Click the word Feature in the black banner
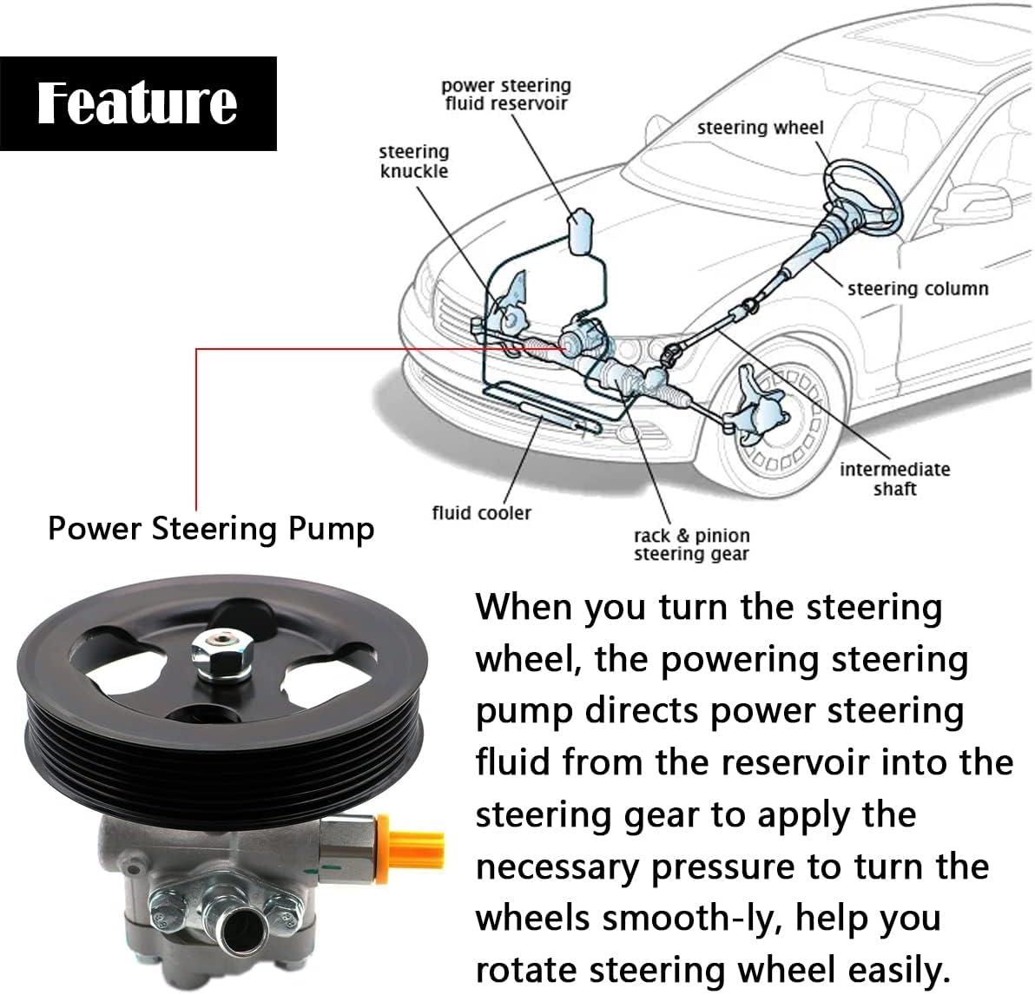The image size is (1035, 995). (x=137, y=103)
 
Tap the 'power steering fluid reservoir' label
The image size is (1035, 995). (x=506, y=95)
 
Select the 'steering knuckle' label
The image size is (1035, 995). (x=413, y=161)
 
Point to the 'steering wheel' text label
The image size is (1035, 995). (x=760, y=128)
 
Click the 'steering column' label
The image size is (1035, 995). (x=918, y=288)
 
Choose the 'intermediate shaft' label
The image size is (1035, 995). (x=894, y=478)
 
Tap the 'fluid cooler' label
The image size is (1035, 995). (x=481, y=512)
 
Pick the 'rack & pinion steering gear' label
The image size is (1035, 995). (x=691, y=544)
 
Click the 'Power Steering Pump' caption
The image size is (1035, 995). (x=211, y=528)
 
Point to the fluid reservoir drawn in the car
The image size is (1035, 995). (x=579, y=229)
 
